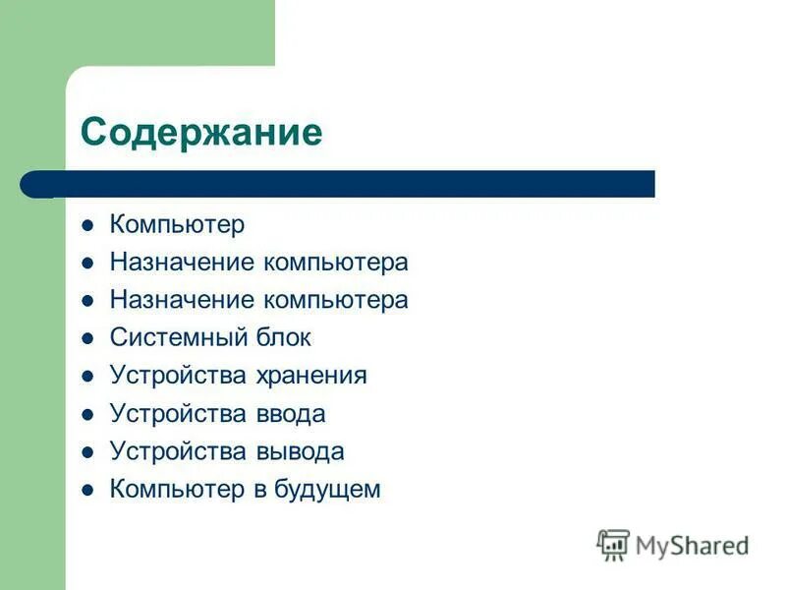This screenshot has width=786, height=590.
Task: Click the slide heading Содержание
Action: click(x=201, y=131)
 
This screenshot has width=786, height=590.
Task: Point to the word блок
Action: click(x=283, y=338)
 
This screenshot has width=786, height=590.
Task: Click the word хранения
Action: click(x=311, y=376)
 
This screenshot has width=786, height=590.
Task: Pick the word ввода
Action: click(x=290, y=414)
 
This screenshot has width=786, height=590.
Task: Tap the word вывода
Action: click(x=300, y=451)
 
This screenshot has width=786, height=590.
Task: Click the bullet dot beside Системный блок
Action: click(x=87, y=338)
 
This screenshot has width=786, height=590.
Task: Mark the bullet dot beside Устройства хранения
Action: click(x=87, y=376)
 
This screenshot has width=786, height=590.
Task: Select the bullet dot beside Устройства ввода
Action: click(x=87, y=414)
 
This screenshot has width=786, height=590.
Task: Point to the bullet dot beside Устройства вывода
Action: click(x=87, y=451)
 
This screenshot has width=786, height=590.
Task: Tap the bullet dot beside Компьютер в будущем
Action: click(x=87, y=489)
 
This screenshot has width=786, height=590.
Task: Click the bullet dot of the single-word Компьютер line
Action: click(x=87, y=225)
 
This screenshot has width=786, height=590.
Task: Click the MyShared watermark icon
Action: click(x=613, y=544)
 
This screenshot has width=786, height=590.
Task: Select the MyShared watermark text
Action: click(x=692, y=545)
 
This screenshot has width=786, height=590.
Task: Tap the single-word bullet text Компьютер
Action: click(x=177, y=225)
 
